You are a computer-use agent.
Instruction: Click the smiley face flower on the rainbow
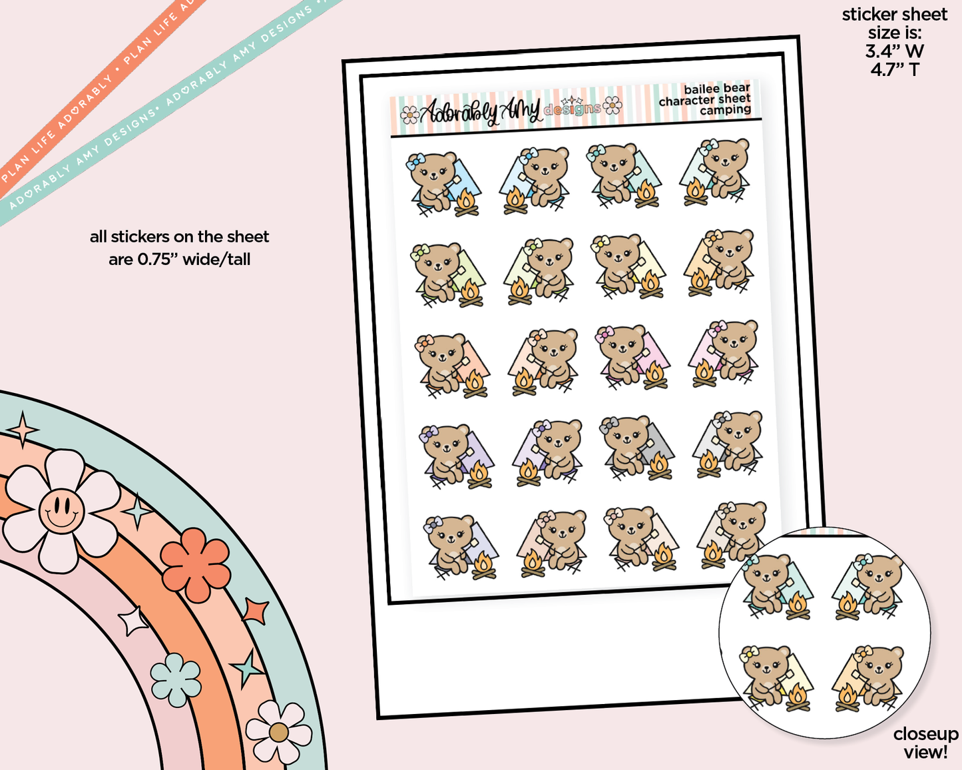(61, 511)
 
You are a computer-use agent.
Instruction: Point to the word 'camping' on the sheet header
(725, 111)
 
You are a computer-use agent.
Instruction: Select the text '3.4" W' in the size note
(895, 51)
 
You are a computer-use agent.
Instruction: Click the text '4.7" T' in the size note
(895, 69)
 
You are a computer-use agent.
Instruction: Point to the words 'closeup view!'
(925, 743)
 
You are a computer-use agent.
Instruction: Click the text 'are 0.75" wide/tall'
(180, 259)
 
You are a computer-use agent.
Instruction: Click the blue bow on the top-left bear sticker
(416, 161)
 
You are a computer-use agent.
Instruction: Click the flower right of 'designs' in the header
(612, 105)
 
